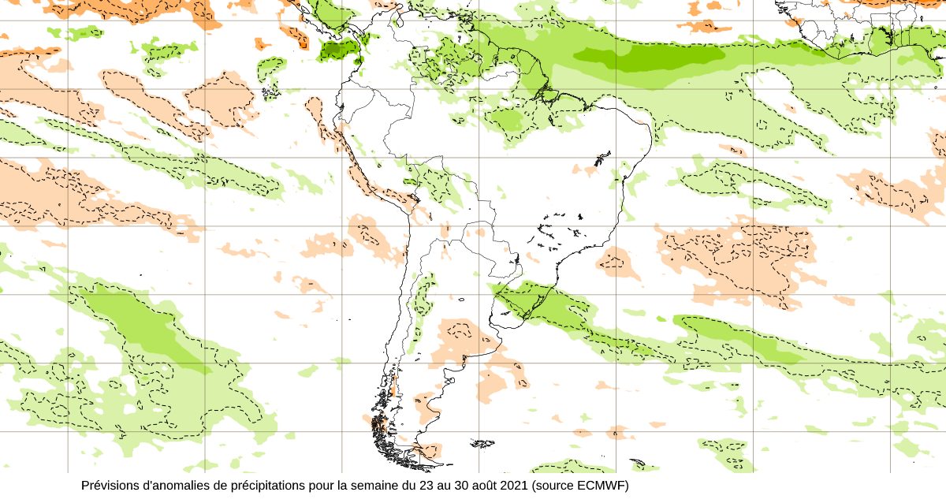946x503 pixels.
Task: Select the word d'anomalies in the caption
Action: (175, 485)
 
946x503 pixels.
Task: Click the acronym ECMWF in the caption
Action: (602, 485)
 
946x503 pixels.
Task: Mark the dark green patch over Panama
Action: (338, 52)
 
